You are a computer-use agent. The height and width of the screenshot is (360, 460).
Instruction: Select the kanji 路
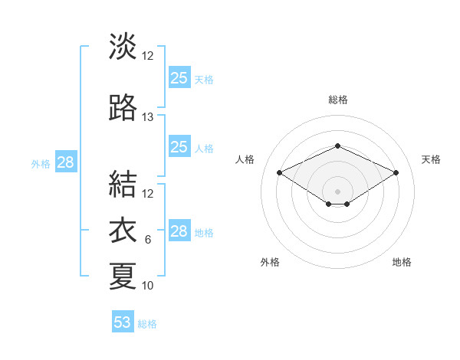[123, 109]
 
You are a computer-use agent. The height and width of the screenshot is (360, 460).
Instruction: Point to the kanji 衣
[123, 231]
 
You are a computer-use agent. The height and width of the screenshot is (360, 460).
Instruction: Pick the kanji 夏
[123, 276]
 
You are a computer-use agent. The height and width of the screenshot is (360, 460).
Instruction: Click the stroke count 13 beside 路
[148, 117]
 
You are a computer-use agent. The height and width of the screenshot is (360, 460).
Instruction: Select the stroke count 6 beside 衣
[148, 240]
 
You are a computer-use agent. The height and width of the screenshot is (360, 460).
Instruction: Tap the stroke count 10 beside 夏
[148, 286]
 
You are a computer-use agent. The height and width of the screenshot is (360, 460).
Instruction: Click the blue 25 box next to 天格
[179, 77]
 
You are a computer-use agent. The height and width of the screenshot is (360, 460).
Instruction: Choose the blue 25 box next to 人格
[179, 147]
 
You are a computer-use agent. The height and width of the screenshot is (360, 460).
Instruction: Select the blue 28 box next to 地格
[179, 231]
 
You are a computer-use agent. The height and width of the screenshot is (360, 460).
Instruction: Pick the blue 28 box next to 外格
[65, 162]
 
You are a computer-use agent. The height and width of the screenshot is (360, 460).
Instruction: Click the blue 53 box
[123, 322]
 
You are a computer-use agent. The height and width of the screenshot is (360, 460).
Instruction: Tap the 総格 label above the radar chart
[337, 100]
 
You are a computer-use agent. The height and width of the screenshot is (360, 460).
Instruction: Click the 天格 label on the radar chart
[431, 159]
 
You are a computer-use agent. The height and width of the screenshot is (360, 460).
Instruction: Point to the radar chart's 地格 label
[402, 262]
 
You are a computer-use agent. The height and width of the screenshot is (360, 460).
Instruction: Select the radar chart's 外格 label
[270, 262]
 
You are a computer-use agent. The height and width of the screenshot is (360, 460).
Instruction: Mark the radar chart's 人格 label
[245, 159]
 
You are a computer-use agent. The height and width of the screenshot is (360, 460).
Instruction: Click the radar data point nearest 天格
[396, 172]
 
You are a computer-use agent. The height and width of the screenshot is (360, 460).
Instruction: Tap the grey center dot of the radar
[337, 191]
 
